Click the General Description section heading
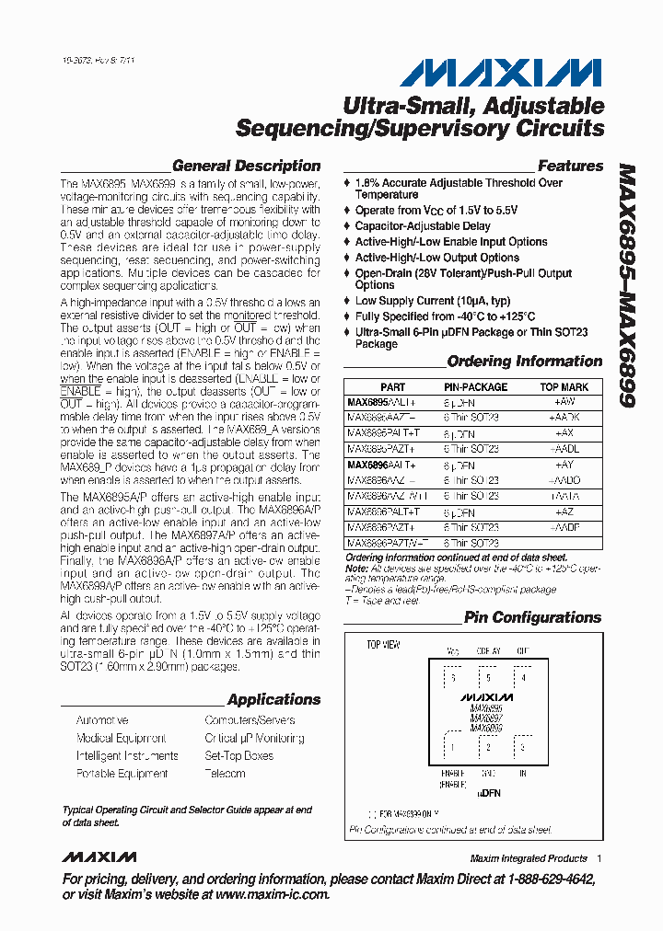point(246,167)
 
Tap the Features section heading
point(570,167)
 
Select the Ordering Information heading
point(525,362)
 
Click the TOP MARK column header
point(564,387)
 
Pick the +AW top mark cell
point(564,402)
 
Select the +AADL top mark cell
point(564,450)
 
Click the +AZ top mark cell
point(564,511)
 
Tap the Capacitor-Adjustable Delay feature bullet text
point(423,226)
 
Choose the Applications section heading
point(273,700)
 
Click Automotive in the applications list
point(102,720)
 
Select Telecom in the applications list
point(226,774)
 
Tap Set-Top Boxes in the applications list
point(238,756)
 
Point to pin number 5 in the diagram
point(488,679)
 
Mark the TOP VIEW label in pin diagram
point(383,645)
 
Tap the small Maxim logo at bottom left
point(99,857)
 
